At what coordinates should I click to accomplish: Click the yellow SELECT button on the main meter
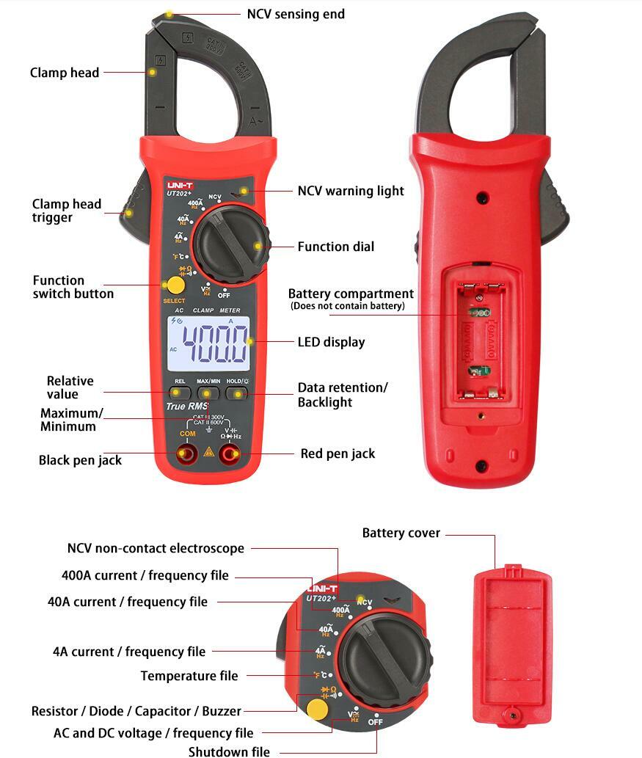tap(175, 285)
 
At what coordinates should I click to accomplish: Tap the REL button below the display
tap(180, 393)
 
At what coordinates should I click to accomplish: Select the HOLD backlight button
tap(235, 393)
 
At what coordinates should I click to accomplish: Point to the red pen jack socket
tap(233, 454)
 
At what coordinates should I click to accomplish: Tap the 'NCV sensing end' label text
tap(295, 14)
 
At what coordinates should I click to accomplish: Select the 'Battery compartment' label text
tap(351, 294)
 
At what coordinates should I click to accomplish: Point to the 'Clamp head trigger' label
tap(66, 211)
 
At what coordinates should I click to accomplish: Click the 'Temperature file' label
tap(189, 676)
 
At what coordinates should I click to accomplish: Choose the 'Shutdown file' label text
tap(229, 751)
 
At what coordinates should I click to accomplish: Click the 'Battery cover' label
tap(401, 533)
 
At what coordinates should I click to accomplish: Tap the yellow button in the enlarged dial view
tap(317, 708)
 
